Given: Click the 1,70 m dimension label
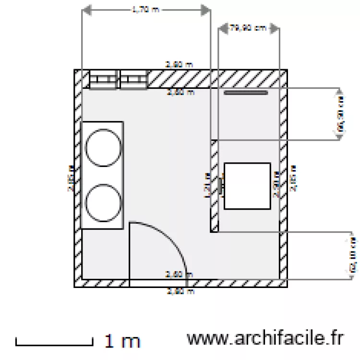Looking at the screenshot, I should [x=145, y=9].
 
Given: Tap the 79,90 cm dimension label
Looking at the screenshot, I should [x=248, y=28].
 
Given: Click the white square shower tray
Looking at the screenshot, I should [x=247, y=186].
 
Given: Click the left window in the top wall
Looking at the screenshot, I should [x=104, y=80].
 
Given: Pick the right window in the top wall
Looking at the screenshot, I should [x=133, y=80].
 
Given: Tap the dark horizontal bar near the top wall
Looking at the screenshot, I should [x=246, y=93].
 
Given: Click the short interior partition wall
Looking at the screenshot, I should [x=215, y=186].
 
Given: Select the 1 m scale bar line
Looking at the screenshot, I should [x=54, y=344].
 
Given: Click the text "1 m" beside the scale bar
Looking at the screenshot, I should [x=122, y=341].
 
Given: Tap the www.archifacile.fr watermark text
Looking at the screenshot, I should [x=265, y=338].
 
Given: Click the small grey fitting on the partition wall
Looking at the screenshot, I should [x=221, y=186].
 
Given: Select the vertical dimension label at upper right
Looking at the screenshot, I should [x=341, y=114].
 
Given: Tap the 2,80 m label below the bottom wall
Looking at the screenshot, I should [x=180, y=291].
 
